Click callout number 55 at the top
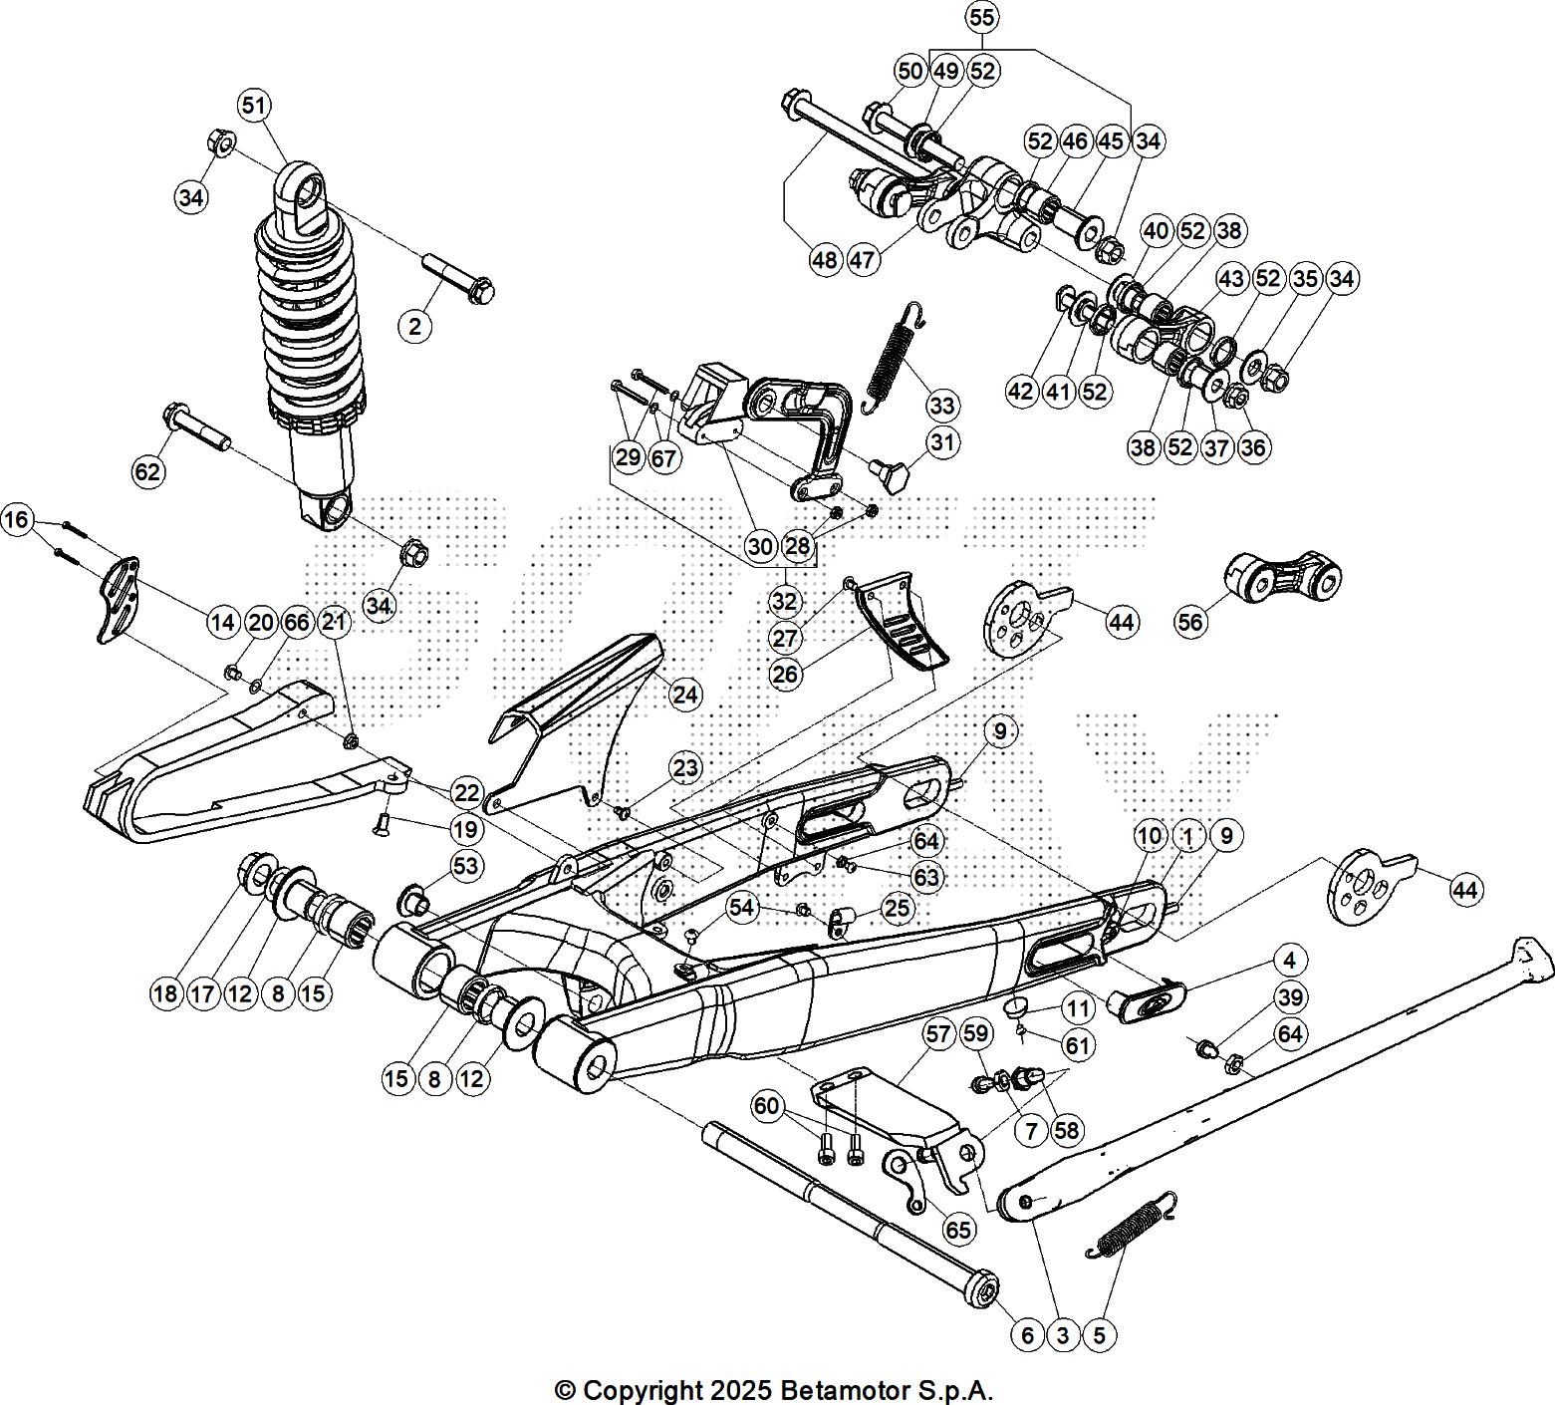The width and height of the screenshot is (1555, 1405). pos(981,18)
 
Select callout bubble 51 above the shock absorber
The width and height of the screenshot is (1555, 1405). pos(255,105)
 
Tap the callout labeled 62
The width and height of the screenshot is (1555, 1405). pos(147,469)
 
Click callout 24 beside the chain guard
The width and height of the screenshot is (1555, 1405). pos(685,694)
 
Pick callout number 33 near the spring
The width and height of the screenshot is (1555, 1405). pos(941,406)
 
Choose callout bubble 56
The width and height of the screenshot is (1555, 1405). pos(1190,622)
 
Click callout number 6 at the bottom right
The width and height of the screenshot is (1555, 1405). pos(1027,1335)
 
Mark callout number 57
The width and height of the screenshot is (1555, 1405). pos(938,1035)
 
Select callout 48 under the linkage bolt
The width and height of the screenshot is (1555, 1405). pos(826,260)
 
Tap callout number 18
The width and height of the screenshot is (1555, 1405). pos(166,992)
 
